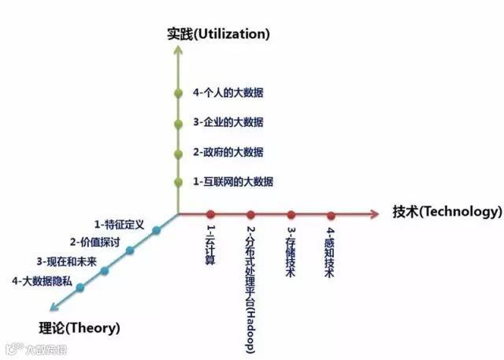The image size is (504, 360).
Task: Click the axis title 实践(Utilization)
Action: coord(218,34)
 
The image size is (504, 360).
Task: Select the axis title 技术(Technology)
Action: coord(447,211)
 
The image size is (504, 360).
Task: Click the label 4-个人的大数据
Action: coord(228,92)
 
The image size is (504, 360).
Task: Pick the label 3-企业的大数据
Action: coord(228,122)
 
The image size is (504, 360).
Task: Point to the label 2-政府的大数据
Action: coord(228,151)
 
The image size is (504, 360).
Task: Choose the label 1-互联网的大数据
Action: coord(233,181)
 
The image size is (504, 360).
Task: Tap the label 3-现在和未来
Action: coord(66,261)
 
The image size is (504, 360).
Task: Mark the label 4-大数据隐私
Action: coord(40,280)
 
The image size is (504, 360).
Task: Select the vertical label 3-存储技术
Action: coord(291,252)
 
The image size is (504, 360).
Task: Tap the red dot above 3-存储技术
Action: coord(291,214)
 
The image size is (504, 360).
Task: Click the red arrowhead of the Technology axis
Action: coord(380,214)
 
